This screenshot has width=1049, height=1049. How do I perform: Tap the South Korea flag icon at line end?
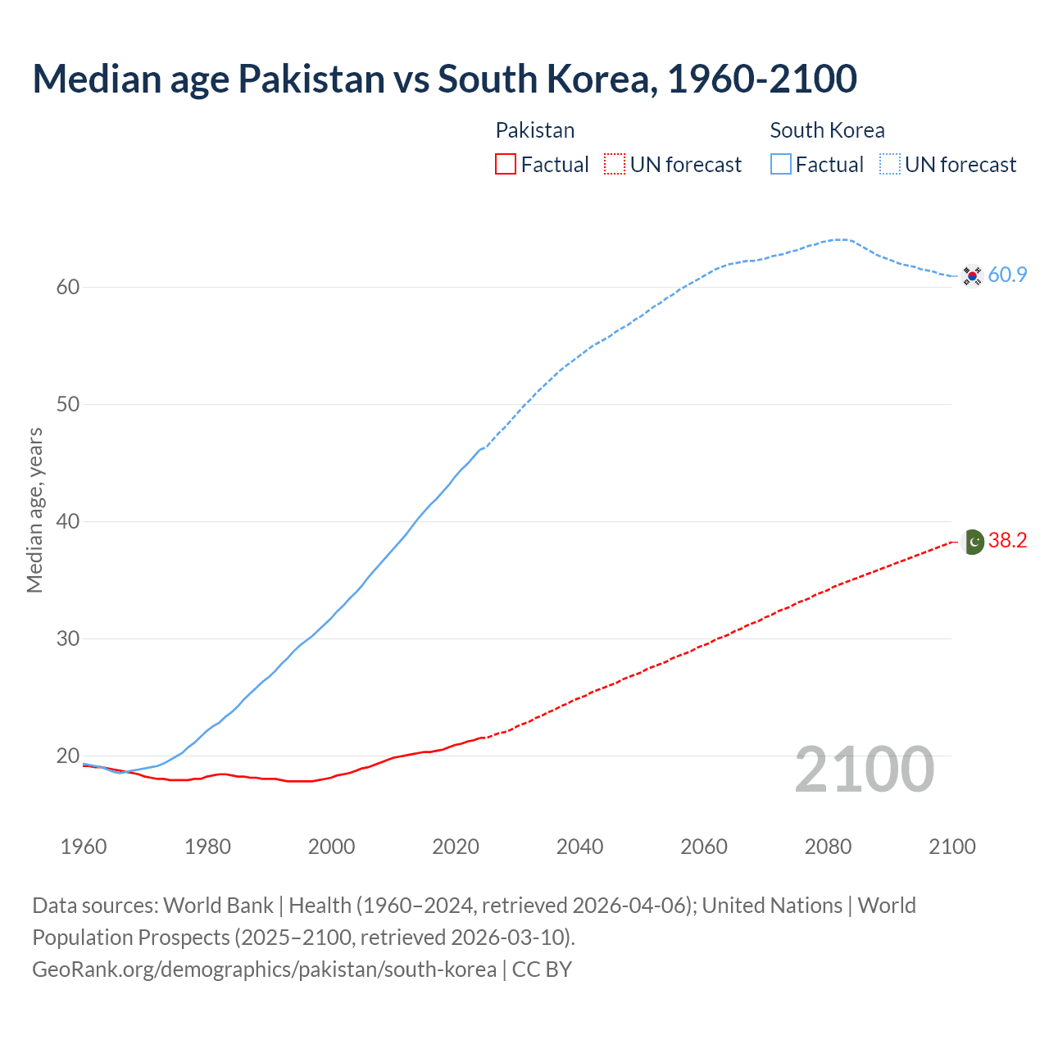[x=972, y=275]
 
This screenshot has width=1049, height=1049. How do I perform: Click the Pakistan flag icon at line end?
[x=972, y=541]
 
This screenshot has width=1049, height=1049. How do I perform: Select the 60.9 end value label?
[x=1007, y=275]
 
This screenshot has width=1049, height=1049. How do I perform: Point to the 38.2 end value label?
[x=1007, y=541]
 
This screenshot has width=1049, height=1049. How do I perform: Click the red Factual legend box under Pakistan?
[x=506, y=165]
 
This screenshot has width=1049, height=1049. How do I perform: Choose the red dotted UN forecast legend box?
[x=615, y=165]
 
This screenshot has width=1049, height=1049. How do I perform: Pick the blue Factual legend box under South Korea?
[x=781, y=165]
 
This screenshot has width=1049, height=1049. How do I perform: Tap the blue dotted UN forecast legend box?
[x=890, y=165]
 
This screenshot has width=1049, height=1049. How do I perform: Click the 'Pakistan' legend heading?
[x=534, y=130]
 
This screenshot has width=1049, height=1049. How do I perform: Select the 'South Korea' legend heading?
[x=827, y=130]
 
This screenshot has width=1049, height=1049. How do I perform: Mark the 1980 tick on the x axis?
[x=207, y=847]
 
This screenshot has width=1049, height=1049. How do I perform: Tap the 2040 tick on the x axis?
[x=579, y=847]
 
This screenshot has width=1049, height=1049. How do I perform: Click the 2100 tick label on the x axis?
[x=951, y=847]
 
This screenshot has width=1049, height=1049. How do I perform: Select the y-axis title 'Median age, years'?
[x=34, y=510]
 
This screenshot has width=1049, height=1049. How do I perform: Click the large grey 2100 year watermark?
[x=864, y=770]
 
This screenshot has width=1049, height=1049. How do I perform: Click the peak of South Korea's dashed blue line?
[x=841, y=239]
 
